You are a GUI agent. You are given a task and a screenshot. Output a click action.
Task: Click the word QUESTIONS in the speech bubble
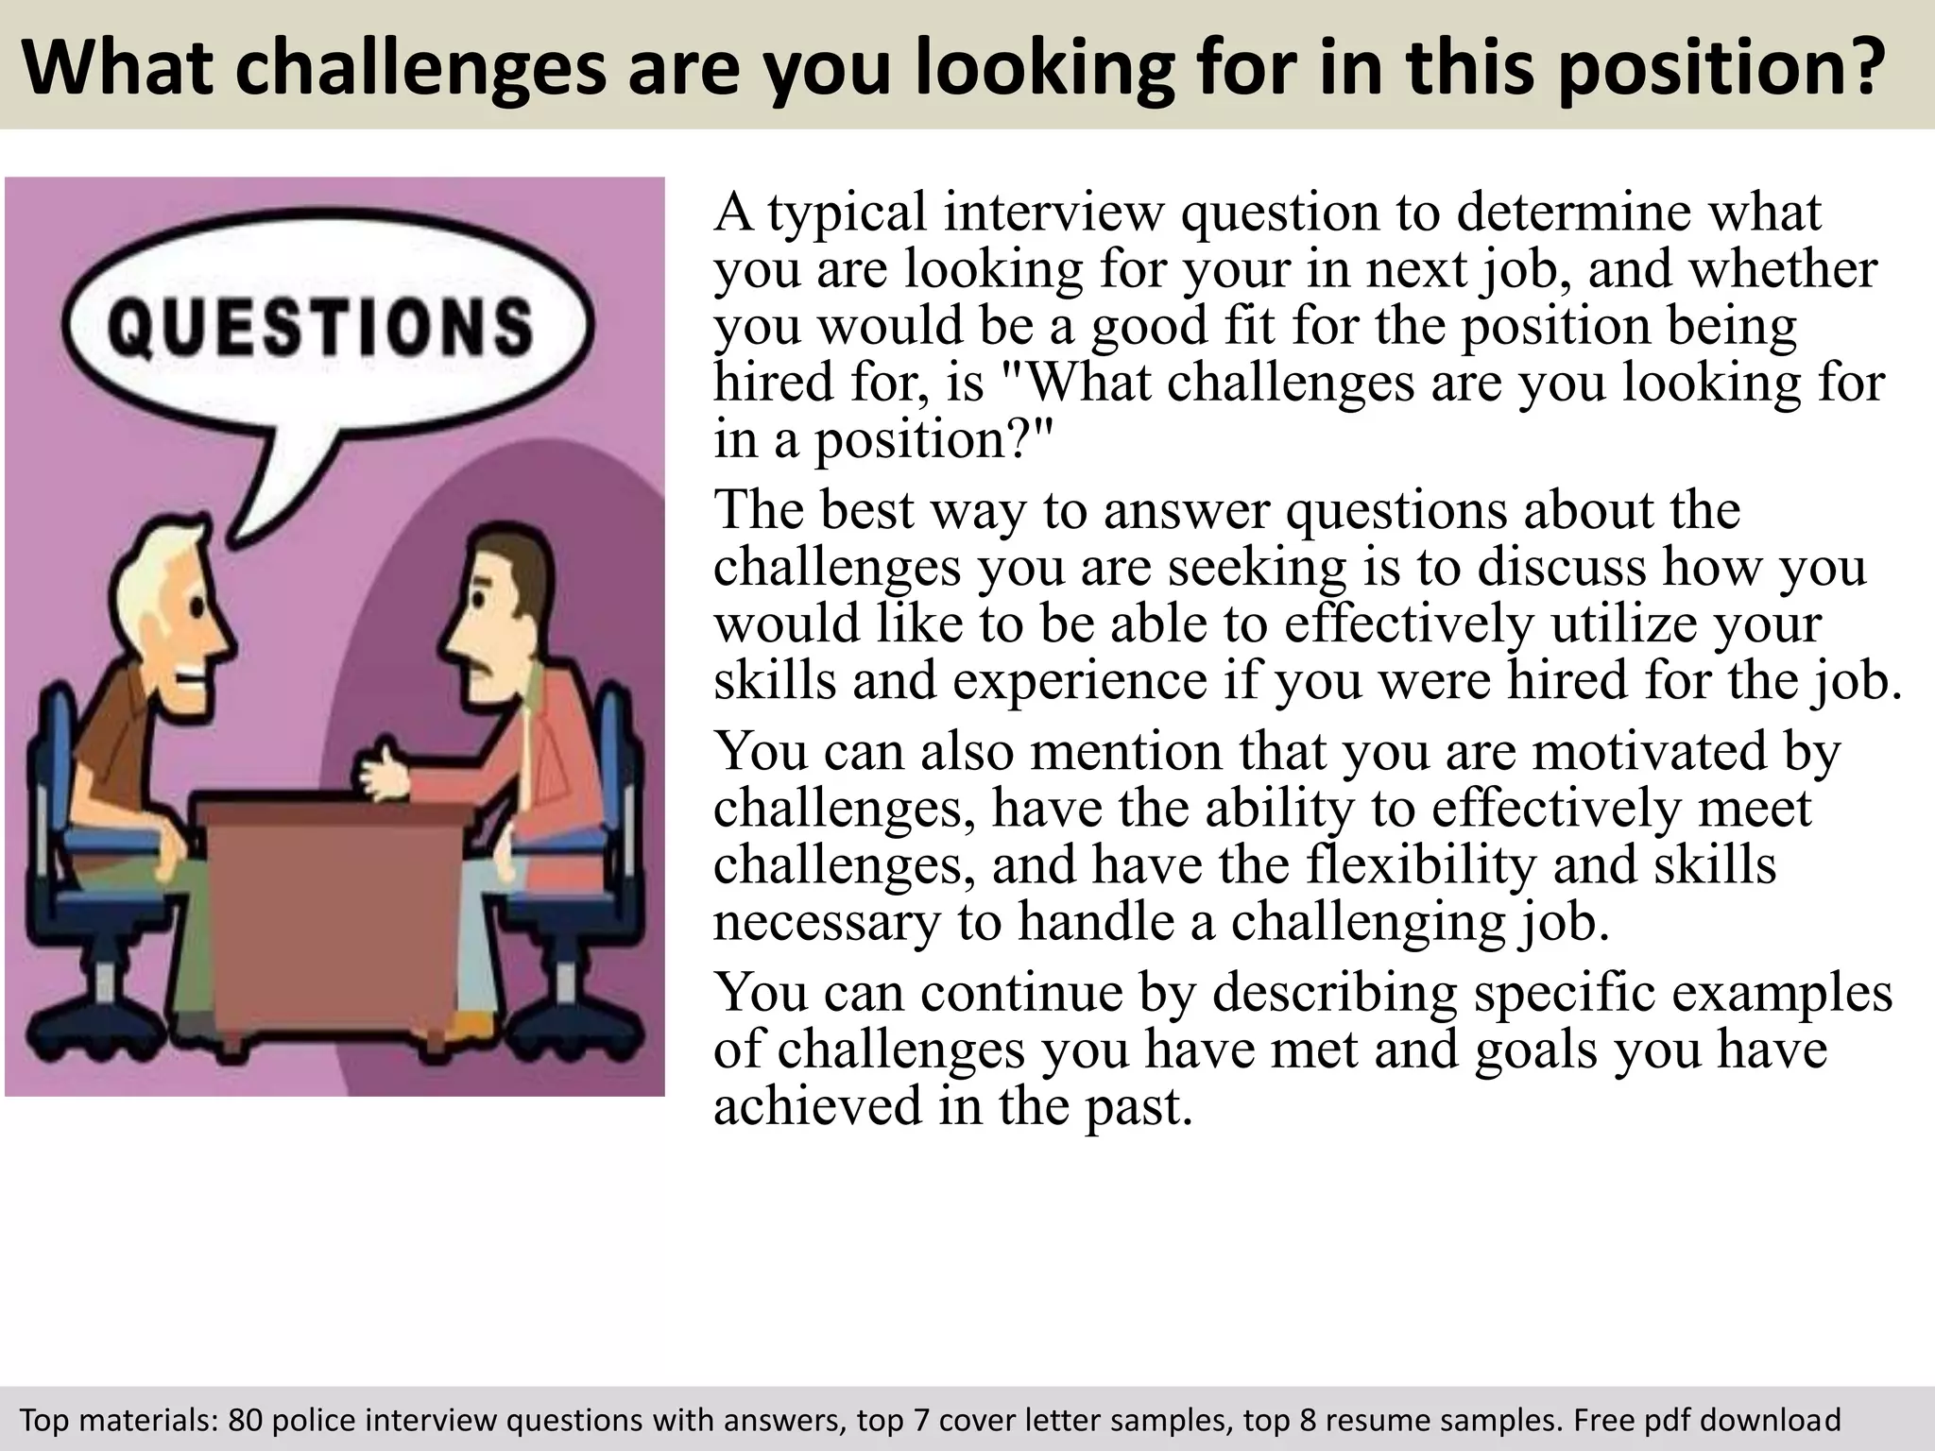321,326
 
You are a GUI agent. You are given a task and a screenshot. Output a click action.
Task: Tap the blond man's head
180,605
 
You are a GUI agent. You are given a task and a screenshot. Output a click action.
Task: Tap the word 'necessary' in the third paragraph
827,923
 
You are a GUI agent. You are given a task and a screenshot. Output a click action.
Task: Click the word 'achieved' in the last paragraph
816,1107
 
